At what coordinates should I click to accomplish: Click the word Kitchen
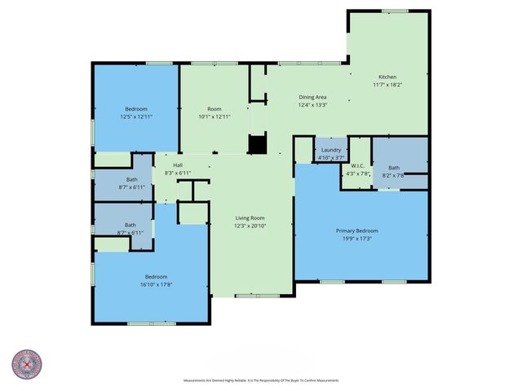tap(387, 77)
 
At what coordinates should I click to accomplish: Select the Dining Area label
tap(312, 97)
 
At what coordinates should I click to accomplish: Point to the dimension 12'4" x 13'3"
tap(312, 104)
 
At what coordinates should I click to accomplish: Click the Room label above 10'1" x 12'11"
tap(215, 109)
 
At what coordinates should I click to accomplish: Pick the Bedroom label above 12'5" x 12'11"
tap(136, 109)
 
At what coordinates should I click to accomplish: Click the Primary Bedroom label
tap(357, 231)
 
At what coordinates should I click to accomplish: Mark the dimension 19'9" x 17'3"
tap(357, 238)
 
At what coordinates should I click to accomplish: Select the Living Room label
tap(251, 217)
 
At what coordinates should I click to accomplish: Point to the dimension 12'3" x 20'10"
tap(251, 225)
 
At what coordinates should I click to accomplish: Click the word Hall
tap(178, 165)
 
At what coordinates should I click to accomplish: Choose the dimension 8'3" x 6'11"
tap(178, 173)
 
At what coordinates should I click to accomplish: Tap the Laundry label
tap(331, 150)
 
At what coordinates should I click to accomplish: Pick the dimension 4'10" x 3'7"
tap(331, 157)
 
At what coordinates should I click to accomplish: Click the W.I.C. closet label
tap(358, 165)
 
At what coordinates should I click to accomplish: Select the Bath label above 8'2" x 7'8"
tap(393, 168)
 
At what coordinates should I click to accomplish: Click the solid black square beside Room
tap(258, 144)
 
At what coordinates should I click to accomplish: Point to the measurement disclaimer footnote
tap(261, 380)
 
